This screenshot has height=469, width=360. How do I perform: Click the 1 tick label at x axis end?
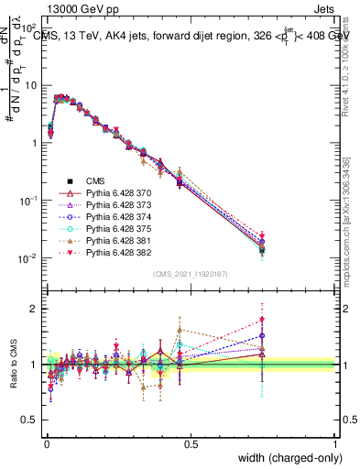(334, 444)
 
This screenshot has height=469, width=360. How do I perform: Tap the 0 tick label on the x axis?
(45, 444)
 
